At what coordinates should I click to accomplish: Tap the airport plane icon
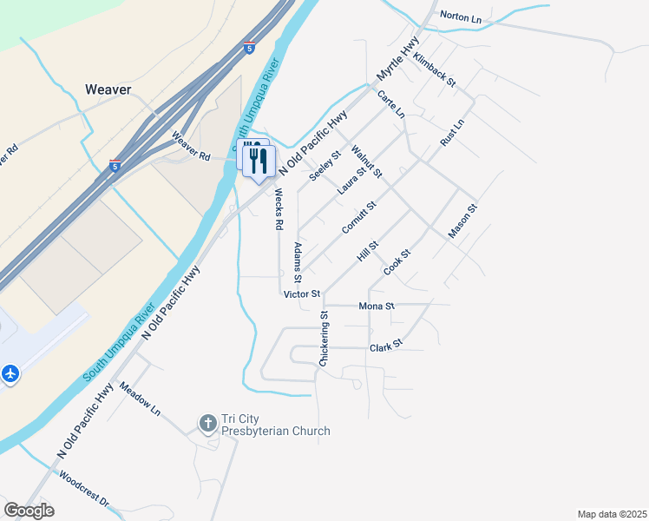tap(10, 373)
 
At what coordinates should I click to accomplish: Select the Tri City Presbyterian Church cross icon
tap(207, 423)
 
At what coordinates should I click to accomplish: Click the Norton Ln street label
tap(461, 16)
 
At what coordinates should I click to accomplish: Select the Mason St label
tap(463, 221)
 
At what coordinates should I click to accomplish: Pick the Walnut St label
tap(367, 162)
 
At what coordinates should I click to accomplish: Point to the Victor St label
tap(302, 294)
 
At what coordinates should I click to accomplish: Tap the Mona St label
tap(377, 307)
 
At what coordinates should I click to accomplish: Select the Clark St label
tap(386, 346)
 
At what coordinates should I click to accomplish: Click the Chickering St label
tap(324, 340)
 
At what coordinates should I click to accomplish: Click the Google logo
tap(29, 511)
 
